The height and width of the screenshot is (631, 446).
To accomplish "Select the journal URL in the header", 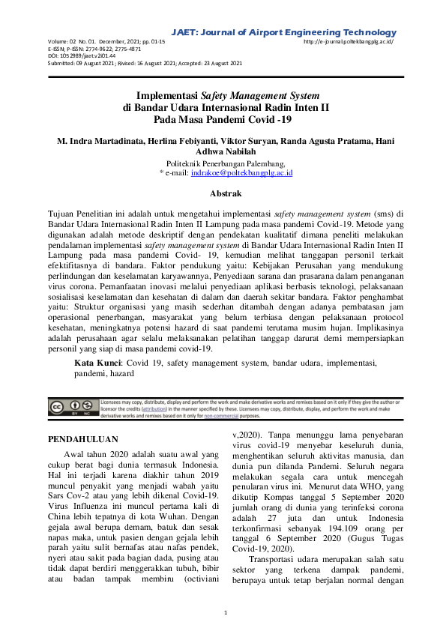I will pyautogui.click(x=349, y=42).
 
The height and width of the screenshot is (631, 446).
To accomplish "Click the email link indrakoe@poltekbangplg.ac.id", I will pyautogui.click(x=242, y=172).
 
